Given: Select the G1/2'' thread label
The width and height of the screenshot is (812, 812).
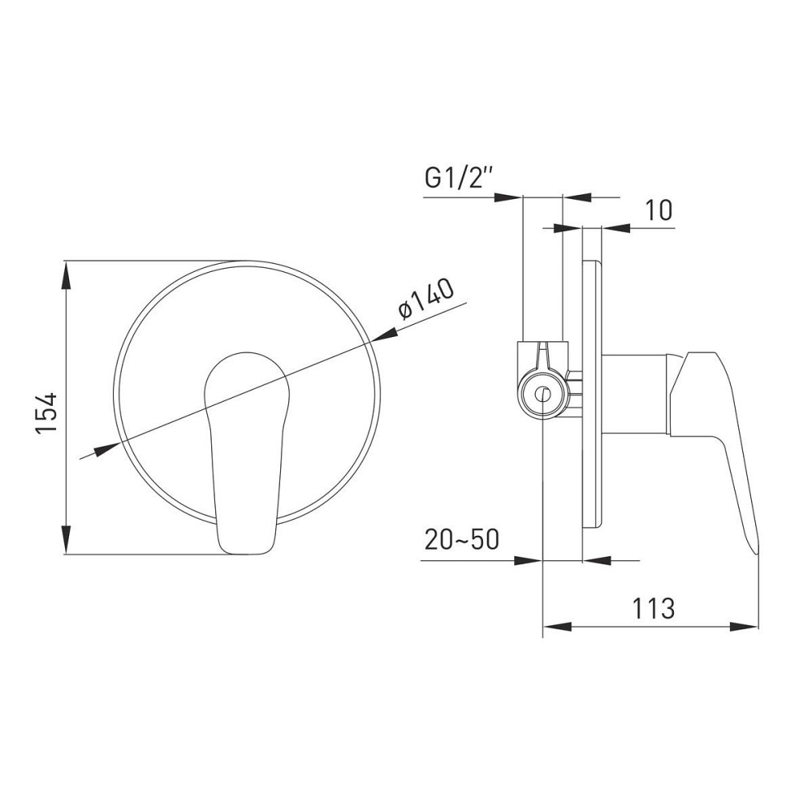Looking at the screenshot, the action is click(458, 179).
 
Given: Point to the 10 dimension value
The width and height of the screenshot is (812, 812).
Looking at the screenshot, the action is click(659, 210).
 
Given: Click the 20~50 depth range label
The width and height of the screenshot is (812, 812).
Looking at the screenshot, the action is click(462, 540).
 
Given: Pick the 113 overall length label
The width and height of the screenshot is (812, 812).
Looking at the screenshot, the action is click(653, 608).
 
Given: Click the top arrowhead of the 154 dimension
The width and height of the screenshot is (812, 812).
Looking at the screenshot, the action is click(67, 275).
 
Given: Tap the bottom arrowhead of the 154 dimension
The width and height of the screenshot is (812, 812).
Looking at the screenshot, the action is click(67, 539).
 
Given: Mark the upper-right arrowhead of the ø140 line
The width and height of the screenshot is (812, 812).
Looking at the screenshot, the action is click(384, 334).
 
